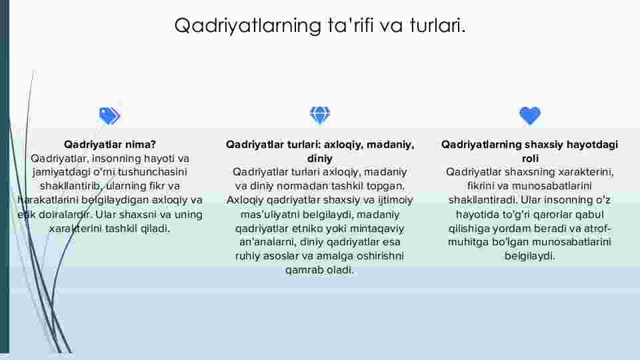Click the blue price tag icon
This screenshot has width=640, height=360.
pyautogui.click(x=110, y=116)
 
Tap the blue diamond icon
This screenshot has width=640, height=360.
pyautogui.click(x=320, y=115)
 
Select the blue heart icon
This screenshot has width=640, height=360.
pyautogui.click(x=530, y=116)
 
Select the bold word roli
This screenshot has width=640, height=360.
pyautogui.click(x=530, y=159)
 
